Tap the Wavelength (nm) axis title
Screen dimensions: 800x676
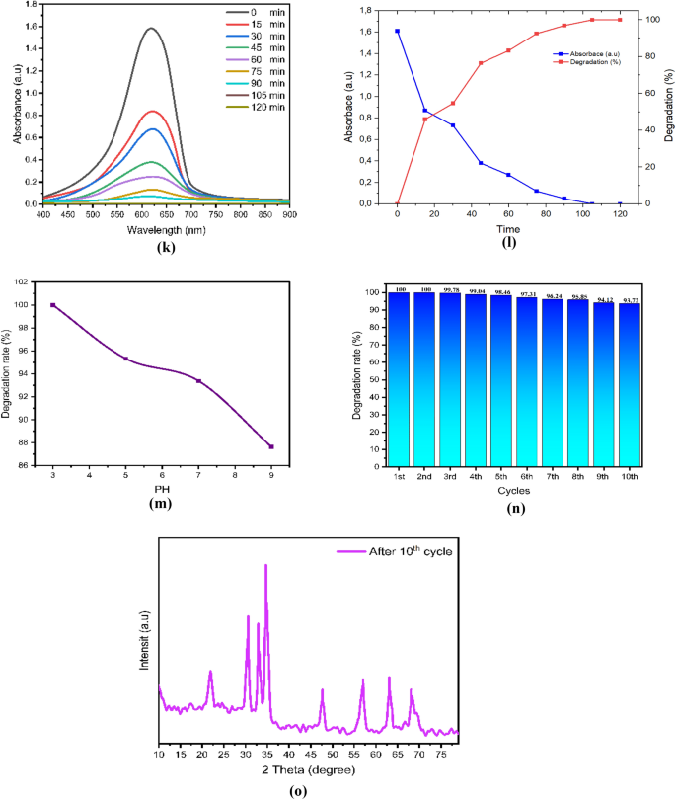click(x=166, y=230)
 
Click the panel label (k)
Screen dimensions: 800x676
click(x=165, y=246)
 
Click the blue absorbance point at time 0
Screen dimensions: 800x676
click(x=398, y=31)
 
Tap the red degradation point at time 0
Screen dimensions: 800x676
click(x=398, y=203)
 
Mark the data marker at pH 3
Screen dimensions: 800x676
click(x=53, y=305)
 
